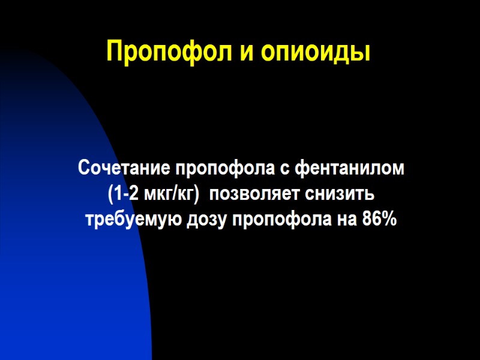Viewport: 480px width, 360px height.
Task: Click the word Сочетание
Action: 117,169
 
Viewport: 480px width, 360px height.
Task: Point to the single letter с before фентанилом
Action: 286,169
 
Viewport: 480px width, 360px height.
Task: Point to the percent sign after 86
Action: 389,220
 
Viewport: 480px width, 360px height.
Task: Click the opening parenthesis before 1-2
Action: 110,194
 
